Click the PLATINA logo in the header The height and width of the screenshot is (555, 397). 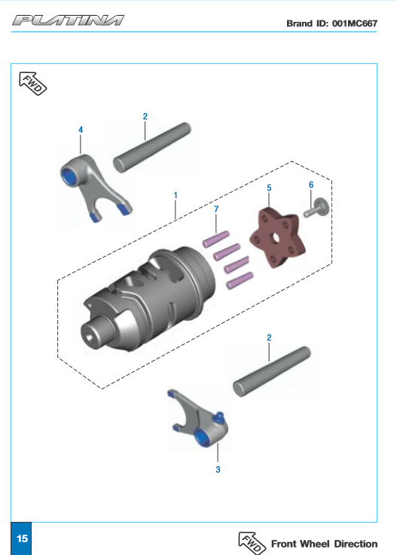[x=68, y=20]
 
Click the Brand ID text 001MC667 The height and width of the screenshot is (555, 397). [x=331, y=23]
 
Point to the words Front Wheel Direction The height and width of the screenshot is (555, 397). [x=324, y=544]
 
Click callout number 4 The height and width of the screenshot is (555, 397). [x=81, y=130]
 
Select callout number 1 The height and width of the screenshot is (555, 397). [x=175, y=194]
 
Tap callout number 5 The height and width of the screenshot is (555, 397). [x=269, y=186]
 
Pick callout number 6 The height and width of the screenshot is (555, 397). [x=310, y=184]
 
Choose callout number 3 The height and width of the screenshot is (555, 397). [x=218, y=469]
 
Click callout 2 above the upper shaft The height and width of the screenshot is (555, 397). [x=145, y=116]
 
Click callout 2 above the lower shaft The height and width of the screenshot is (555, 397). [x=268, y=338]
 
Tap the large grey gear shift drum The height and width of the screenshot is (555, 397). [x=143, y=297]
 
